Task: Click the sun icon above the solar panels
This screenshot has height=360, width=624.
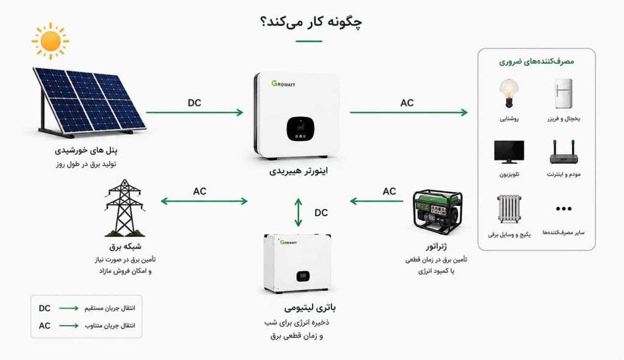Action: tap(51, 41)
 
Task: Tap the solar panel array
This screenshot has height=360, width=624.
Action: tap(90, 102)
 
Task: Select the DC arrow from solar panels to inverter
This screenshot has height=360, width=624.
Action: tap(194, 113)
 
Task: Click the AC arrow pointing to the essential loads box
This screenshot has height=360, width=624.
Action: tap(409, 113)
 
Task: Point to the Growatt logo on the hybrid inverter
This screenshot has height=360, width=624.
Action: tap(283, 83)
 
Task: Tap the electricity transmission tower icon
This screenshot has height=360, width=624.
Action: tap(124, 208)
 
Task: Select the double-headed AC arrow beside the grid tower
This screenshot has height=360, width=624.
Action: tap(204, 201)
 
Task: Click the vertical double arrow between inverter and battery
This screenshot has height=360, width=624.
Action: tap(299, 213)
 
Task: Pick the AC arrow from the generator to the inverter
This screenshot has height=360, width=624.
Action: tap(377, 201)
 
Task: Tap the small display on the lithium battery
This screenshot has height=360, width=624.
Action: tap(303, 276)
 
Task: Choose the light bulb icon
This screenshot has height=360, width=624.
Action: tap(509, 93)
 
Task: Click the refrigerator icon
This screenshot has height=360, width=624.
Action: tap(564, 93)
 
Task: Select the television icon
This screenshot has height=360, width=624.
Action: tap(509, 152)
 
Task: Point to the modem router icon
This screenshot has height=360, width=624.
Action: tap(564, 152)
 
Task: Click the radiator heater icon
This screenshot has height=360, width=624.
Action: tap(509, 209)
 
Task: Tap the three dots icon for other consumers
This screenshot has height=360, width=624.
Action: tap(564, 208)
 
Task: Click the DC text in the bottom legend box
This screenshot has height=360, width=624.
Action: tap(44, 308)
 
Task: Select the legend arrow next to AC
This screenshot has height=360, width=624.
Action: tap(69, 326)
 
